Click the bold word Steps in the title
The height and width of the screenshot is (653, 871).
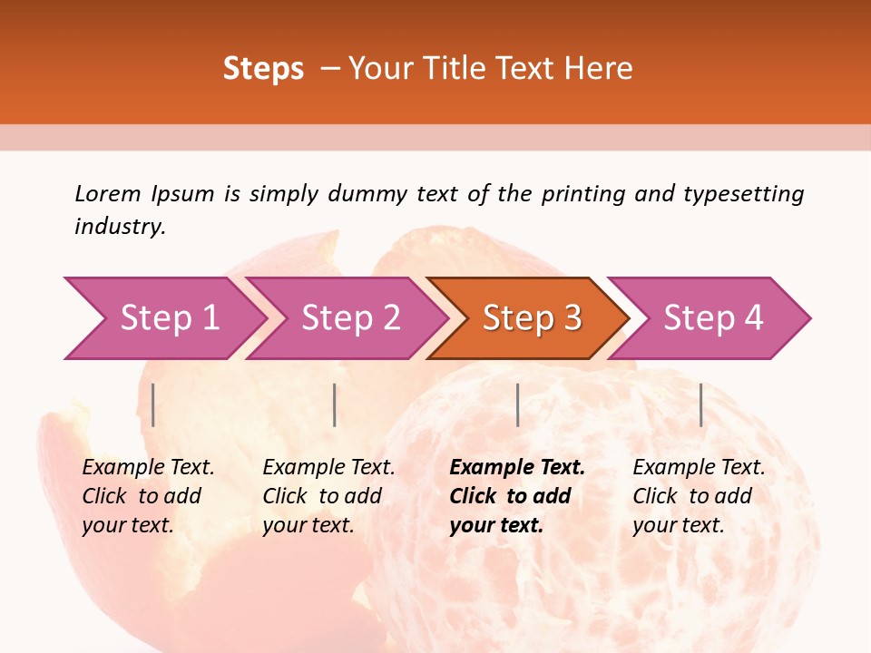coord(263,69)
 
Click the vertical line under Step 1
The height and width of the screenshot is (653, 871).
coord(153,404)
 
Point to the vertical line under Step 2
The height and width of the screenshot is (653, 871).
coord(335,404)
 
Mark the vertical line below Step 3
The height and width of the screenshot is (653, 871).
coord(517,404)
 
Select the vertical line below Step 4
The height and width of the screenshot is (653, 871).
coord(700,404)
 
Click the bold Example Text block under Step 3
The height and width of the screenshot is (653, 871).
coord(517,496)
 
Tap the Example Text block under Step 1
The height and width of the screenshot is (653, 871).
coord(148,496)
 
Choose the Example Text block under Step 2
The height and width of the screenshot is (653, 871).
coord(328,496)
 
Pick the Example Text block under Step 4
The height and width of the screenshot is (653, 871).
coord(699,496)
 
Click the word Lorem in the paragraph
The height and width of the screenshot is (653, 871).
coord(108,194)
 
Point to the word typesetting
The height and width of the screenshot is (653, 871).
coord(743,194)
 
